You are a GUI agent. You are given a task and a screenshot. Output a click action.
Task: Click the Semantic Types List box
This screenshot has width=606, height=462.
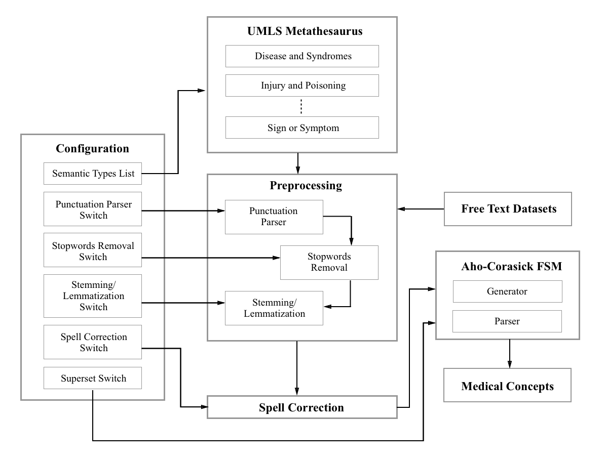click(x=93, y=174)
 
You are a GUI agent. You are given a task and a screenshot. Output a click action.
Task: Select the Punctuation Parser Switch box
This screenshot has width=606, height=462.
click(x=93, y=209)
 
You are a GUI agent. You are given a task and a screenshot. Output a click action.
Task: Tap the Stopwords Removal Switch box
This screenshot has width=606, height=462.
click(x=93, y=250)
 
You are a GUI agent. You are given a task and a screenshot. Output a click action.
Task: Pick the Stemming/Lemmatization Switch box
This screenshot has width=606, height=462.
click(x=93, y=296)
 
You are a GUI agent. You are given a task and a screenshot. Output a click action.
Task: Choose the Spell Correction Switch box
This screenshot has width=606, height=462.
click(x=93, y=342)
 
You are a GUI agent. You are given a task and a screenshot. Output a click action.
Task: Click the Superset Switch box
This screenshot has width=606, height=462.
click(x=93, y=378)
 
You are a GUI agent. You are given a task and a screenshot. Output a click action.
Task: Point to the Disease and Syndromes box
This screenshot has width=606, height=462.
click(x=302, y=56)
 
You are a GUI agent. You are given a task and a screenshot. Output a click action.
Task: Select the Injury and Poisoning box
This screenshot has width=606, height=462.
click(x=302, y=86)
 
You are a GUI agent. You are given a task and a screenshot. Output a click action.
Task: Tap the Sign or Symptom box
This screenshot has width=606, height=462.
click(x=302, y=128)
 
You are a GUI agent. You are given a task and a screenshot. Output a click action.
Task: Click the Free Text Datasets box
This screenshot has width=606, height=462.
click(x=508, y=209)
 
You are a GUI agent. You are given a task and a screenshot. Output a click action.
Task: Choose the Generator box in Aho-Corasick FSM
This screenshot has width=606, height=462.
click(x=507, y=291)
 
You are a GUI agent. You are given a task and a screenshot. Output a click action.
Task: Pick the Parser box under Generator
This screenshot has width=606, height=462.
click(x=507, y=321)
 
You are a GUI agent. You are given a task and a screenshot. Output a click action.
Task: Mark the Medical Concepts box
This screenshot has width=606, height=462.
click(x=507, y=385)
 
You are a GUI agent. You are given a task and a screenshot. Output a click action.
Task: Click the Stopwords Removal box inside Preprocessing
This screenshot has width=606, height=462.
click(x=329, y=263)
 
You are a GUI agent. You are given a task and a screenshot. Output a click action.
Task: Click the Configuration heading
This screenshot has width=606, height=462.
click(x=92, y=149)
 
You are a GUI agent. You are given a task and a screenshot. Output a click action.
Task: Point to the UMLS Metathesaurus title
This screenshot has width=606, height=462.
click(x=305, y=31)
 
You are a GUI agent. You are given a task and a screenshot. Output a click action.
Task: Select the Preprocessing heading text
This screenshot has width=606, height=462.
click(x=306, y=186)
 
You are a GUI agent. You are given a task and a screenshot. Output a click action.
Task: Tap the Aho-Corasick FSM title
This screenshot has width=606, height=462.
click(x=512, y=266)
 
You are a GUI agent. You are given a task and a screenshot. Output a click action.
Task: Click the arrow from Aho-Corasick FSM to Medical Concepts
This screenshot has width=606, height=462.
click(x=510, y=354)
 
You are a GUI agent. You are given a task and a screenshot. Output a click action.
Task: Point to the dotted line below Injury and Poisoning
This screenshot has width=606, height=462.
click(x=301, y=107)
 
